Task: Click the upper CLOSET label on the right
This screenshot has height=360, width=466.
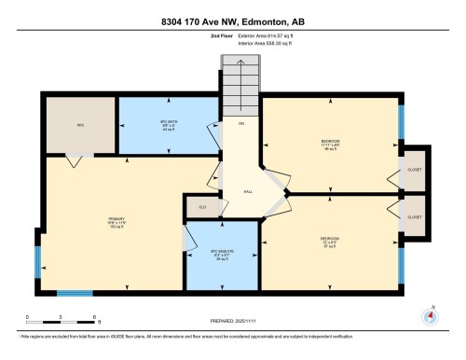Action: [414, 170]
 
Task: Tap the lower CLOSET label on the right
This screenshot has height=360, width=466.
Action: [414, 217]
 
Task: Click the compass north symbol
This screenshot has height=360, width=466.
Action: [430, 314]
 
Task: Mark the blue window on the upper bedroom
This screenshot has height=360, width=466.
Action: [402, 119]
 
